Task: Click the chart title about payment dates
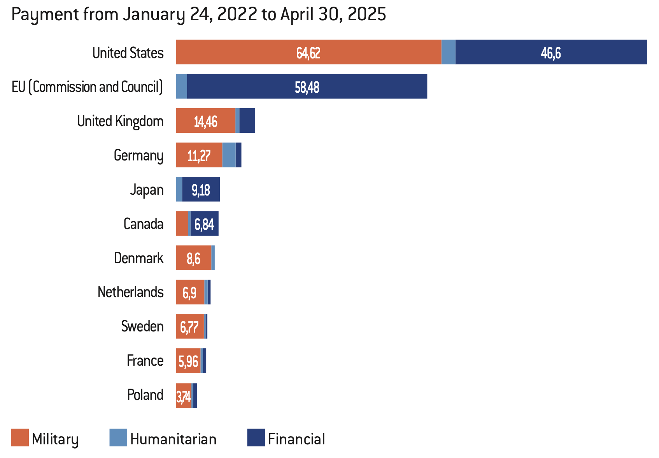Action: (198, 15)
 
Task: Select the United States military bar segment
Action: (308, 52)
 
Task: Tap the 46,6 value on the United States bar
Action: (550, 53)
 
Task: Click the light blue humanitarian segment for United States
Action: (448, 52)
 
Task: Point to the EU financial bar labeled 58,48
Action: (307, 87)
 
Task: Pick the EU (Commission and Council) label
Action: (87, 87)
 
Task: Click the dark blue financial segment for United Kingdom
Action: (247, 121)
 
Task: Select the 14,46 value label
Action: (205, 122)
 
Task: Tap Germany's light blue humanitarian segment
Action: (229, 155)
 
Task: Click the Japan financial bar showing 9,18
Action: (201, 190)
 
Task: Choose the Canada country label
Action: (143, 224)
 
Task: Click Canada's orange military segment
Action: (182, 224)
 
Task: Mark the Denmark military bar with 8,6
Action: (193, 258)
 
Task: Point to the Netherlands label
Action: (130, 292)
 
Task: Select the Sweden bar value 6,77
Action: (189, 327)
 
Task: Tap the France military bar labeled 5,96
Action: (188, 361)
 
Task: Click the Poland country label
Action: (145, 395)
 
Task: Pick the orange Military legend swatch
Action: (20, 438)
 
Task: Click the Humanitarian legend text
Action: (173, 439)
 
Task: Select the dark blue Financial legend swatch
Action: (256, 438)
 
